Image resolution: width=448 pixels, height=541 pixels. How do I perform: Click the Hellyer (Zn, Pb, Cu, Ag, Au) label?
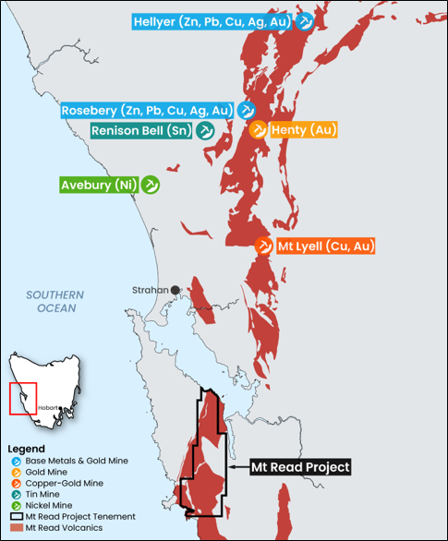coord(212,20)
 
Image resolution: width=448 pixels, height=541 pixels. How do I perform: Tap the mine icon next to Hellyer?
coord(305,20)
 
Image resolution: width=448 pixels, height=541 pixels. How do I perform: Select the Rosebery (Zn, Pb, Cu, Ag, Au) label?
coord(146,110)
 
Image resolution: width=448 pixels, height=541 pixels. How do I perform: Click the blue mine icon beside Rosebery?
coord(247,110)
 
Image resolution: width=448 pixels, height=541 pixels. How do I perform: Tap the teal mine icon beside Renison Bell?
coord(207,131)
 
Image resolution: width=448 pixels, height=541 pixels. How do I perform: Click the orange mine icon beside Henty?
coord(259,130)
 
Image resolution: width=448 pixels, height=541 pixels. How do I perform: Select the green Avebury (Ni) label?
coord(99,185)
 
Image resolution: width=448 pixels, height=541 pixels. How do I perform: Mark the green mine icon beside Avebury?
coord(151,185)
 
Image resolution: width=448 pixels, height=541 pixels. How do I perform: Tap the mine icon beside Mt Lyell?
coord(264,246)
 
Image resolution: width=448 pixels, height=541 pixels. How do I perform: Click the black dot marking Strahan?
coord(175,290)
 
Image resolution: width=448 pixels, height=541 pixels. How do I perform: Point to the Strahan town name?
coord(150,290)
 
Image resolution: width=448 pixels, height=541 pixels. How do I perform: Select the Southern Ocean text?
coord(55,301)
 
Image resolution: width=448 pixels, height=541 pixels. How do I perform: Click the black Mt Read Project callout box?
coord(301,467)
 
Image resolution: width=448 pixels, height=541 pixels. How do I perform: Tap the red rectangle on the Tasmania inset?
coord(22,397)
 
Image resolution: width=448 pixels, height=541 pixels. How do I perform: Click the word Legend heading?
coord(26,449)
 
